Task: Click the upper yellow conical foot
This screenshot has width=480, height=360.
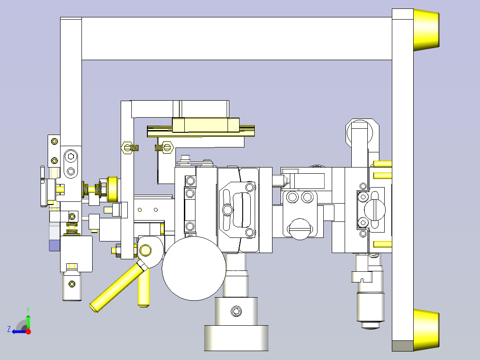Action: click(x=426, y=30)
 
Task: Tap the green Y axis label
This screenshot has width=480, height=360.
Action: click(x=28, y=310)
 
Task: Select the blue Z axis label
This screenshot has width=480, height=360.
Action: click(x=9, y=329)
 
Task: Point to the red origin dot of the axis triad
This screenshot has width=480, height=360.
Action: click(x=28, y=331)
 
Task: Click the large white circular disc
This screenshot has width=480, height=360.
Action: click(x=194, y=268)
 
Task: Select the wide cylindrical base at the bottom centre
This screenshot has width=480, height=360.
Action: click(x=236, y=338)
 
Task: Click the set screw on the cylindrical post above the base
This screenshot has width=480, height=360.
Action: click(x=236, y=311)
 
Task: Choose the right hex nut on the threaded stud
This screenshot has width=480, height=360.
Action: click(x=168, y=147)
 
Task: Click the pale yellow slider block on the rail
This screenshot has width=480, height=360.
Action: click(x=206, y=125)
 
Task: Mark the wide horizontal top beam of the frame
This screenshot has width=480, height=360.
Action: click(x=236, y=39)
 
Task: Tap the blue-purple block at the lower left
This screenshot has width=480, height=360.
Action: click(x=54, y=245)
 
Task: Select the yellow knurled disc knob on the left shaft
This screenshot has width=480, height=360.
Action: click(x=113, y=189)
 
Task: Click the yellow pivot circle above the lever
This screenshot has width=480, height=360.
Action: click(x=146, y=250)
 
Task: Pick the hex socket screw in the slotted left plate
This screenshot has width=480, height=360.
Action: click(x=71, y=156)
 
